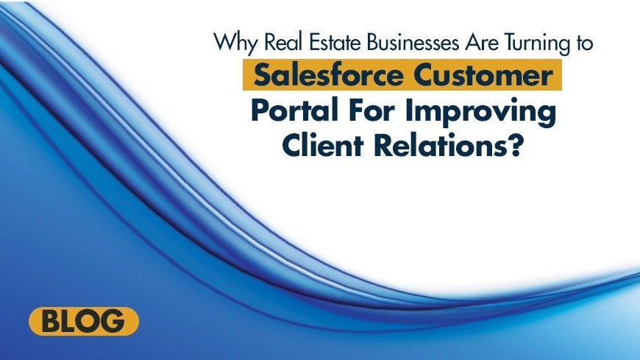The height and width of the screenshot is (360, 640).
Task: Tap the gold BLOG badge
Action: [x=83, y=322]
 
